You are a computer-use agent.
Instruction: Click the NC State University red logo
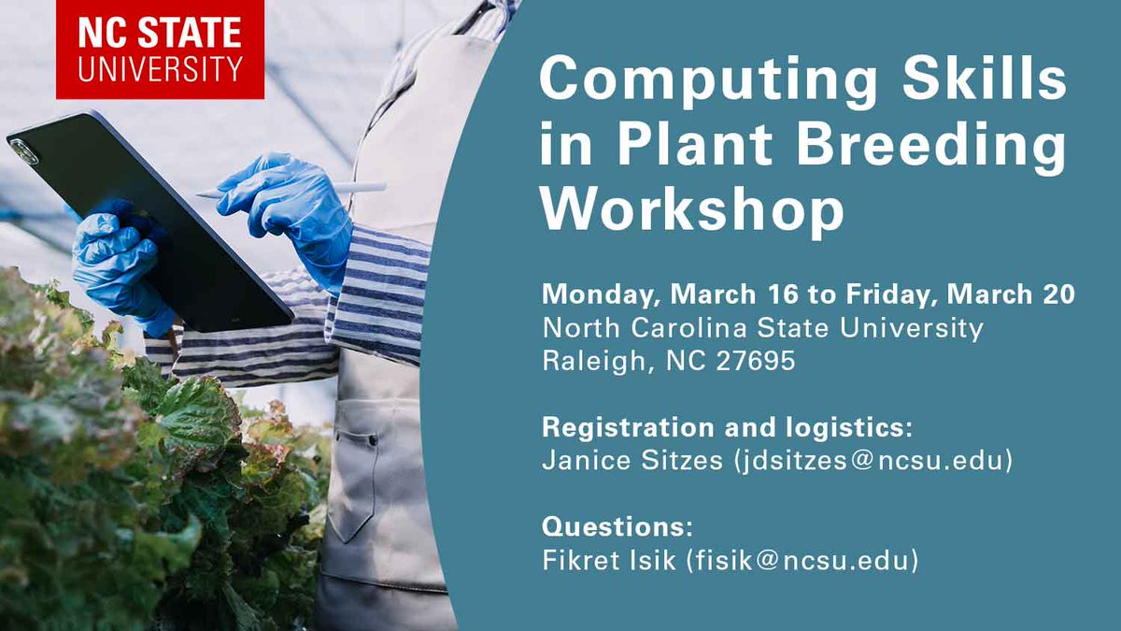pos(160,49)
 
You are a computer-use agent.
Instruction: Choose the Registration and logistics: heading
pos(727,427)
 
